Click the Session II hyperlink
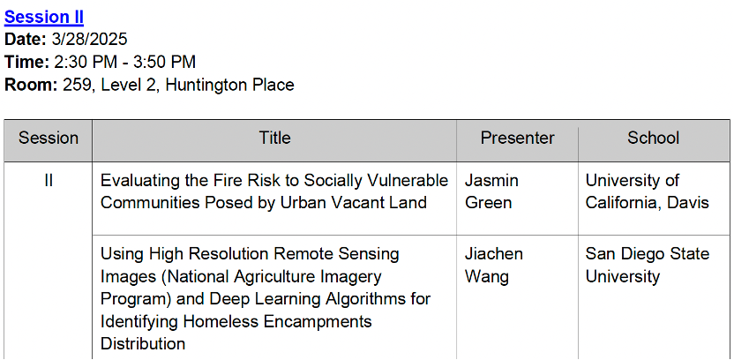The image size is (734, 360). click(x=44, y=18)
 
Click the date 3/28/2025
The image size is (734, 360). click(x=89, y=40)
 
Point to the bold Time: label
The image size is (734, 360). click(x=26, y=62)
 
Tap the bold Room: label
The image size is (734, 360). click(x=31, y=85)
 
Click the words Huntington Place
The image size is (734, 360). click(x=230, y=85)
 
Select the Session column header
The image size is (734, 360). click(x=49, y=139)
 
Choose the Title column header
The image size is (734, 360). click(x=274, y=139)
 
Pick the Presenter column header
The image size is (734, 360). click(x=517, y=139)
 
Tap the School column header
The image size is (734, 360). click(x=654, y=139)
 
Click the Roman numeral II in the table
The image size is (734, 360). click(x=49, y=181)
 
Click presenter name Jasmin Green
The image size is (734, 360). click(x=491, y=191)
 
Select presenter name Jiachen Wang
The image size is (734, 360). click(x=494, y=265)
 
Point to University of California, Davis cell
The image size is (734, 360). click(x=648, y=191)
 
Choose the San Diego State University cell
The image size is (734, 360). click(x=648, y=265)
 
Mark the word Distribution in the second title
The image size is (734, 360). click(x=143, y=344)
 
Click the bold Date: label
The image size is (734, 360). click(x=26, y=40)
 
